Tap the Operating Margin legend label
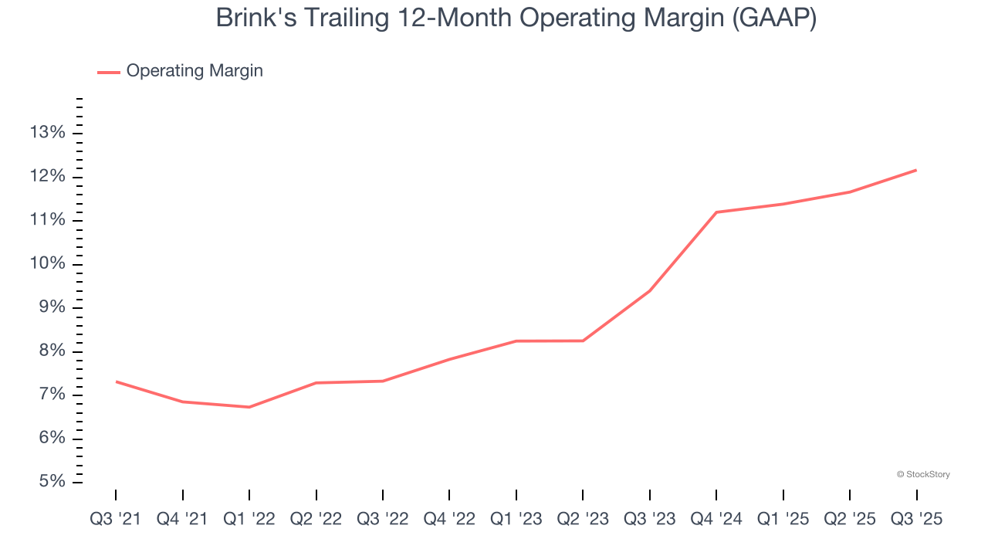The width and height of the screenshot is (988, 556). pos(195,71)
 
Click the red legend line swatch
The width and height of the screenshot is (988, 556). pos(108,72)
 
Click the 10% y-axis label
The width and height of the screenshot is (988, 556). pos(47,264)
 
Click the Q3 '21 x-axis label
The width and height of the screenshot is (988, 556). pos(116,519)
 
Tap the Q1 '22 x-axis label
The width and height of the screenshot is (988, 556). pos(249,519)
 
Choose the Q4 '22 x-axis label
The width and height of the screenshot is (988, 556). pos(449,519)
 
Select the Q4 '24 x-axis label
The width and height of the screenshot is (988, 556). pos(716,519)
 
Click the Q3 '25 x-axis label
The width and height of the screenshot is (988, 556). pos(916,519)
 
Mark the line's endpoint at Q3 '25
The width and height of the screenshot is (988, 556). pos(916,170)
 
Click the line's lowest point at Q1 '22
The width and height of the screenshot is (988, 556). pos(249,407)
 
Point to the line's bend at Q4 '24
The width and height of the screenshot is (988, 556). pos(716,212)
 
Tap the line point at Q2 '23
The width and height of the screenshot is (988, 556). pos(583,341)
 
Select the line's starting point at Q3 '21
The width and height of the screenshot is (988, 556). pos(116,381)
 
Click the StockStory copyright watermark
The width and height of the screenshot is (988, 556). pos(923,474)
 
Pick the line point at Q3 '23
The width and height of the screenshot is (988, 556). pos(650,290)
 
